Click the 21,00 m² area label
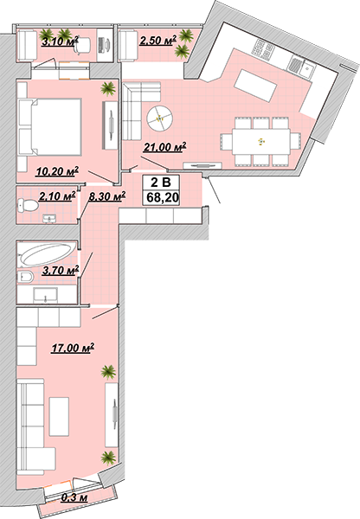pyautogui.click(x=164, y=147)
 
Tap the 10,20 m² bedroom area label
pyautogui.click(x=58, y=170)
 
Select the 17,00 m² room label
pyautogui.click(x=73, y=348)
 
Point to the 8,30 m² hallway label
pyautogui.click(x=107, y=196)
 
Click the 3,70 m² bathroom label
pyautogui.click(x=61, y=270)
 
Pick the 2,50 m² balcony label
pyautogui.click(x=157, y=40)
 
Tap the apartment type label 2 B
pyautogui.click(x=161, y=183)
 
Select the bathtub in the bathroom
pyautogui.click(x=48, y=253)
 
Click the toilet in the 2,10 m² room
pyautogui.click(x=28, y=206)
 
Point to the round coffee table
pyautogui.click(x=159, y=118)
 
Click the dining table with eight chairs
pyautogui.click(x=261, y=141)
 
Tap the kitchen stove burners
pyautogui.click(x=264, y=49)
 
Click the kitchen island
pyautogui.click(x=255, y=86)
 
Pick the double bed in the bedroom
pyautogui.click(x=49, y=127)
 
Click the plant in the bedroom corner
pyautogui.click(x=108, y=88)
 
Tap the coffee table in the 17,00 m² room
pyautogui.click(x=59, y=416)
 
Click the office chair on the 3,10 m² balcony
pyautogui.click(x=81, y=45)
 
